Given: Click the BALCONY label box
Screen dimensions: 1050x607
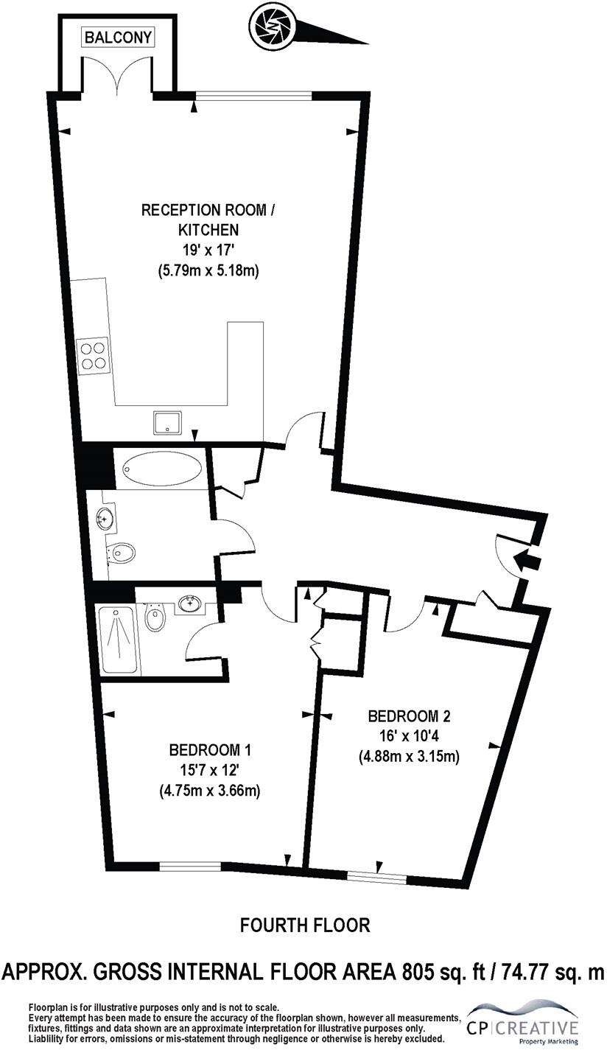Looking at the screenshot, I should point(118,37).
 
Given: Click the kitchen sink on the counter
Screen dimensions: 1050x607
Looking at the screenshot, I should point(166,423).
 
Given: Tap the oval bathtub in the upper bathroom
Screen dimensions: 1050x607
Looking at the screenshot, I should point(161,468).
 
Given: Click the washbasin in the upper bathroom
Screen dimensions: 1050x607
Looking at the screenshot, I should point(105,518).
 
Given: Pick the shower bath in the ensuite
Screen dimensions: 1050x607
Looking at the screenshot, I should point(119,639).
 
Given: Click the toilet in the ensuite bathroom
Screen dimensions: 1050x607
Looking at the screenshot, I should point(155,617).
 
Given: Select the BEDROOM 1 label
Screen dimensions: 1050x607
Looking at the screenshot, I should point(211,750).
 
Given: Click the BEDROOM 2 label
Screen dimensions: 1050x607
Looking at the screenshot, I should point(409,715).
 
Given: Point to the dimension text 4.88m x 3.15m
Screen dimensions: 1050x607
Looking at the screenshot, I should point(410,756).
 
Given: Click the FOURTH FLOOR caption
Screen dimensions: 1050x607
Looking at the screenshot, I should point(305,924).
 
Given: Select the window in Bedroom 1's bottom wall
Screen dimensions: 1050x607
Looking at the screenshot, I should point(190,867).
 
